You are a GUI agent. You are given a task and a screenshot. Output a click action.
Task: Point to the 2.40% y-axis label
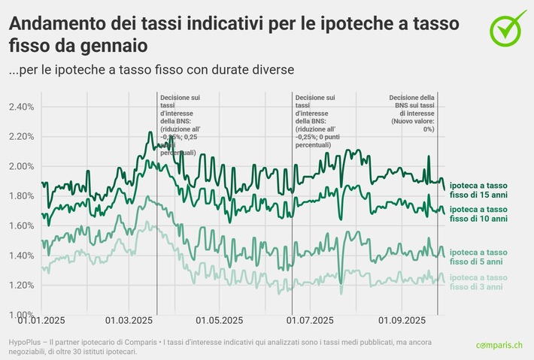pos(21,107)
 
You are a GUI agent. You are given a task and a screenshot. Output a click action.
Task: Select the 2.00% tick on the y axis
pos(21,166)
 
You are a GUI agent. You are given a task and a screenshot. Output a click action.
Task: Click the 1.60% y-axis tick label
pos(21,225)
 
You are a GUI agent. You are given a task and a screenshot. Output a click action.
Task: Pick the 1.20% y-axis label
pos(21,285)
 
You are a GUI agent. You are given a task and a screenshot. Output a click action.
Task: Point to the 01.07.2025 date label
pos(311,320)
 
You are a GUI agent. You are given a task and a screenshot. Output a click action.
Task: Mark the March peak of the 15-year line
pos(150,132)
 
